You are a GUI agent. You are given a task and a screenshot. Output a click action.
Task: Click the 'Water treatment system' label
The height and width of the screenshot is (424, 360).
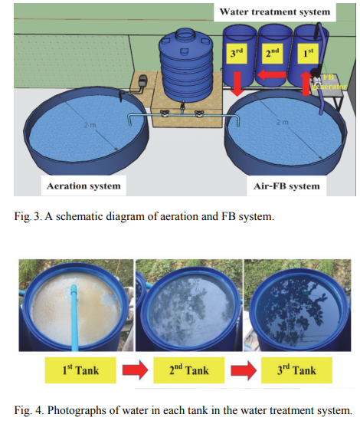(x=275, y=12)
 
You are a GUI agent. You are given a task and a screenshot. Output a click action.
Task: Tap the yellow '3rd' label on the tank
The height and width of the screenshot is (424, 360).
(x=237, y=53)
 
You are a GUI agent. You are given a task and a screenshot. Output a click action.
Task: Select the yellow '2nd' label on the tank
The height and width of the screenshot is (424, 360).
(x=272, y=53)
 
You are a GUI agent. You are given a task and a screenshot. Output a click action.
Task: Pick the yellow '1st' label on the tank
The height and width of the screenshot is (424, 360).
(x=308, y=53)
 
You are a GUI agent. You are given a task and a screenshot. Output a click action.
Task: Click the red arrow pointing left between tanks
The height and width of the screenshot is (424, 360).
(x=271, y=75)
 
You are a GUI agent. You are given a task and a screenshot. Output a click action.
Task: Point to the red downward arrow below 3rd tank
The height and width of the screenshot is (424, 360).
(x=237, y=84)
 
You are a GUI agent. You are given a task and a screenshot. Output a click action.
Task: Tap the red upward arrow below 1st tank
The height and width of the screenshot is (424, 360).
(x=306, y=84)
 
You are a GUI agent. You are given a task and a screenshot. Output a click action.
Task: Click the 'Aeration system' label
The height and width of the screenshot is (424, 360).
(x=83, y=186)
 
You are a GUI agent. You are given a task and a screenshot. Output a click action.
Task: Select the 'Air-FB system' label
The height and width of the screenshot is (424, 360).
(x=286, y=186)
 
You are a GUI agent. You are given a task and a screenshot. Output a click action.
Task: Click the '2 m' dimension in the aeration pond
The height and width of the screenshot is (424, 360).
(x=90, y=125)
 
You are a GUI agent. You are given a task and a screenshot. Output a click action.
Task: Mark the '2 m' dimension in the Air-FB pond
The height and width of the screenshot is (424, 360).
(x=282, y=122)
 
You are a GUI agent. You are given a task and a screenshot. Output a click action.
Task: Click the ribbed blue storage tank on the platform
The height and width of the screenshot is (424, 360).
(x=185, y=66)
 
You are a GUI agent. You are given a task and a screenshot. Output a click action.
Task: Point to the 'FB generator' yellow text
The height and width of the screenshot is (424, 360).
(x=329, y=82)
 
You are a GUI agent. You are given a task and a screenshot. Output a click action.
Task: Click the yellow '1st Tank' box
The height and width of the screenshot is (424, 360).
(x=80, y=370)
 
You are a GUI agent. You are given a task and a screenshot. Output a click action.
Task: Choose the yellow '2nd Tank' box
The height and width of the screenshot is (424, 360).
(x=188, y=370)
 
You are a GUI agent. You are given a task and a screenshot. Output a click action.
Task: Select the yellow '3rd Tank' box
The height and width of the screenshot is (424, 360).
(x=296, y=370)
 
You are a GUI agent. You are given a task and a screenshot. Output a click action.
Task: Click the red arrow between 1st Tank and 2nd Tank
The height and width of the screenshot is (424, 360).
(x=135, y=370)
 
